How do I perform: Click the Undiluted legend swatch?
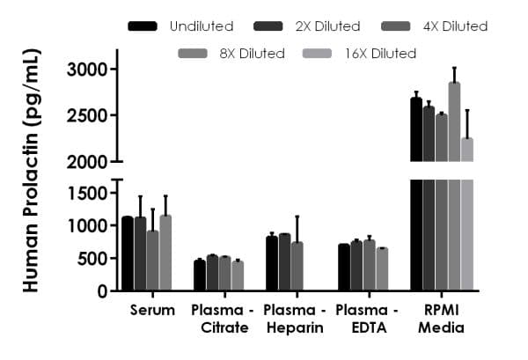click(x=143, y=26)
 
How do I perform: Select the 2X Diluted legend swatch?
click(x=268, y=26)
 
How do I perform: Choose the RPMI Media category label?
click(x=437, y=320)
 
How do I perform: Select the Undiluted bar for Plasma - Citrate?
click(x=200, y=275)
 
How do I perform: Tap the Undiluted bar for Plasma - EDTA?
click(x=344, y=267)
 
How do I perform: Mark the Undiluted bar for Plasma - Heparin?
click(x=272, y=263)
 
